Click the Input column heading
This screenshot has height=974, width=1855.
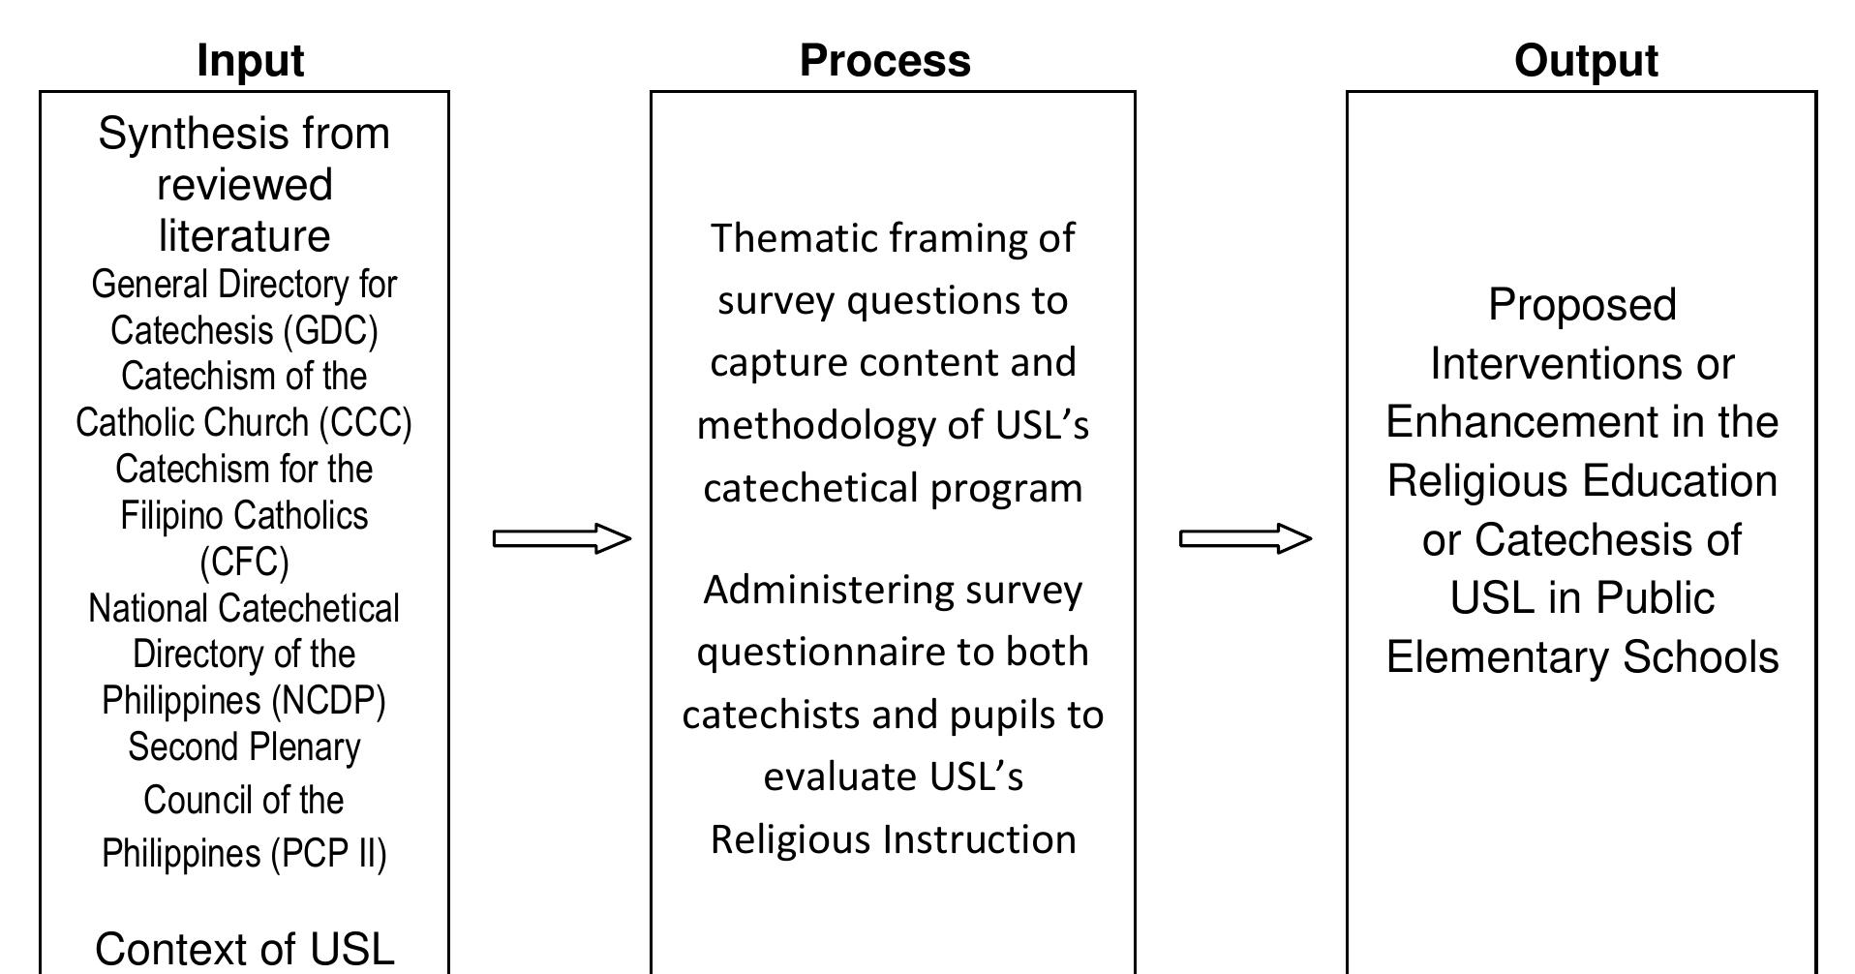click(x=250, y=61)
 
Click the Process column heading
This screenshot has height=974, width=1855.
click(x=885, y=61)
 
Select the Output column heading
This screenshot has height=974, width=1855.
click(x=1586, y=61)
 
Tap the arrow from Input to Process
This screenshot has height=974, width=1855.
click(x=562, y=538)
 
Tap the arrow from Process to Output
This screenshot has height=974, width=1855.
click(x=1245, y=538)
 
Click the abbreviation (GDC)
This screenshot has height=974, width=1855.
click(x=330, y=331)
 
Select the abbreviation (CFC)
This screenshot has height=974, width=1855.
click(x=244, y=562)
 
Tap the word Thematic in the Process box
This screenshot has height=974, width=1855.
click(x=793, y=239)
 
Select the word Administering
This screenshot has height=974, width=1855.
click(x=814, y=590)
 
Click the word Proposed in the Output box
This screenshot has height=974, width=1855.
click(x=1582, y=306)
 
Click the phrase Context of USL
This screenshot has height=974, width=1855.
click(x=244, y=949)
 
